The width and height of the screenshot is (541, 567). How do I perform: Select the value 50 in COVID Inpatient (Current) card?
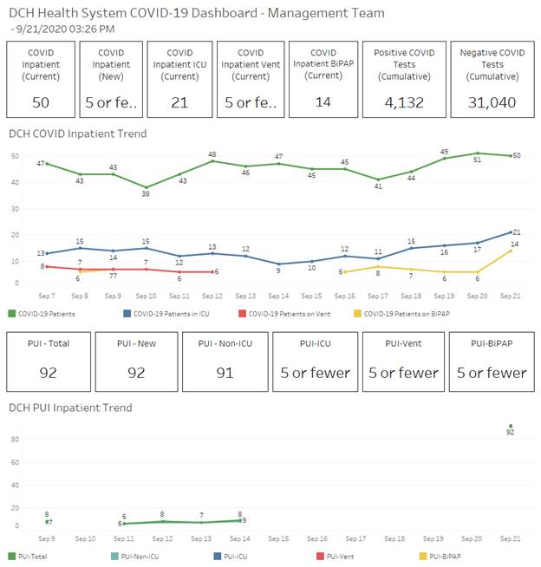coord(40,102)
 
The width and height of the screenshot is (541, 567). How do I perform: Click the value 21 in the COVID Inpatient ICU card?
coord(179,102)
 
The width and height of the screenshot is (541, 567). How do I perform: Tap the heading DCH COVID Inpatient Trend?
coord(77,134)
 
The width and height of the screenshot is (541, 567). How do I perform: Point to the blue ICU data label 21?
coord(516,232)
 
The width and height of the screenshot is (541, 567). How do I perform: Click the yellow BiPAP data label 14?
coord(514,244)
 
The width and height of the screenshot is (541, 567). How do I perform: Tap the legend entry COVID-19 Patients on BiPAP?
coord(405,313)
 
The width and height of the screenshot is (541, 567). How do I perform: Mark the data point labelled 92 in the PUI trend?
coord(511,426)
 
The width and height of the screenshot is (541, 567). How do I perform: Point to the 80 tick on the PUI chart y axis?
coord(15,440)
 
